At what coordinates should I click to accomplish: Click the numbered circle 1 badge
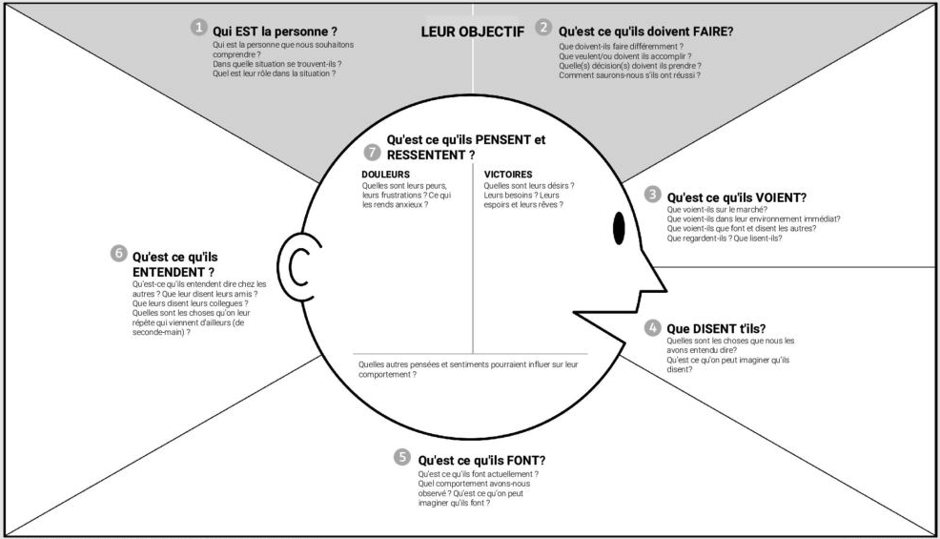[x=198, y=28]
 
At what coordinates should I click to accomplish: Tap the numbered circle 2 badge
[x=543, y=28]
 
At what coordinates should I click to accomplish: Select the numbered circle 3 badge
[x=652, y=194]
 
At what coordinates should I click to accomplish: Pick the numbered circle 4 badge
[x=652, y=327]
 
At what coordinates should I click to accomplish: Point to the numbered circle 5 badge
[x=402, y=457]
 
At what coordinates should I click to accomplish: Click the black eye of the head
[x=618, y=227]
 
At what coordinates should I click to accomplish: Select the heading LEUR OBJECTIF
[x=472, y=31]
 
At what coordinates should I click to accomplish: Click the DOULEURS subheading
[x=386, y=174]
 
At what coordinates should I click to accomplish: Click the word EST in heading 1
[x=245, y=31]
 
